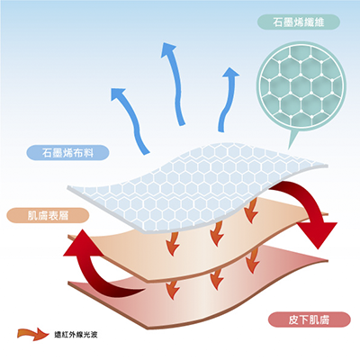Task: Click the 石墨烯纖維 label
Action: pyautogui.click(x=299, y=22)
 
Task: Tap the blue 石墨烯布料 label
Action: pyautogui.click(x=67, y=153)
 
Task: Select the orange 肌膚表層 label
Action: pyautogui.click(x=48, y=215)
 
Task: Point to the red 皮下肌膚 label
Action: pyautogui.click(x=309, y=319)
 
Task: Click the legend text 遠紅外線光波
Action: pyautogui.click(x=76, y=335)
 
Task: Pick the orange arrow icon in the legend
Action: pyautogui.click(x=33, y=334)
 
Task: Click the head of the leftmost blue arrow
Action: pyautogui.click(x=118, y=94)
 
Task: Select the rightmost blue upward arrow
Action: pyautogui.click(x=228, y=100)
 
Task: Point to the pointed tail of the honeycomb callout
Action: pyautogui.click(x=289, y=148)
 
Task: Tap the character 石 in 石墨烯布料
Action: pyautogui.click(x=47, y=153)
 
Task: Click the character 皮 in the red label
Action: pyautogui.click(x=293, y=319)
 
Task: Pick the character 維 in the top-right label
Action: pyautogui.click(x=319, y=22)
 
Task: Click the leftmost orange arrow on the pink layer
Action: pyautogui.click(x=173, y=290)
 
